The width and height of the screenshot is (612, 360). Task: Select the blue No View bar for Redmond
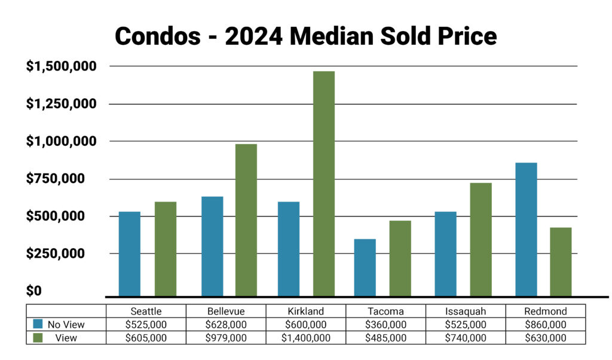[526, 229]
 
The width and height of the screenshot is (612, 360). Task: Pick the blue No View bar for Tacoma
[365, 267]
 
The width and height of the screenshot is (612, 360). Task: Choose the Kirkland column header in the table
[305, 311]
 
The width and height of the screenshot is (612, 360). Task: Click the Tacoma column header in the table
[385, 311]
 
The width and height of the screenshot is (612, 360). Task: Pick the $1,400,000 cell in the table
[305, 338]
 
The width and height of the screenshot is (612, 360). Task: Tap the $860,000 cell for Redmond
[545, 325]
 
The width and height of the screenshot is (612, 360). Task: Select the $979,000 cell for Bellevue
[226, 338]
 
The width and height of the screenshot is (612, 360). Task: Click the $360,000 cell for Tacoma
[385, 325]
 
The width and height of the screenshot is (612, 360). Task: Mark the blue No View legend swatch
[38, 324]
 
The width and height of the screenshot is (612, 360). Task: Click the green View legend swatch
[38, 337]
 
